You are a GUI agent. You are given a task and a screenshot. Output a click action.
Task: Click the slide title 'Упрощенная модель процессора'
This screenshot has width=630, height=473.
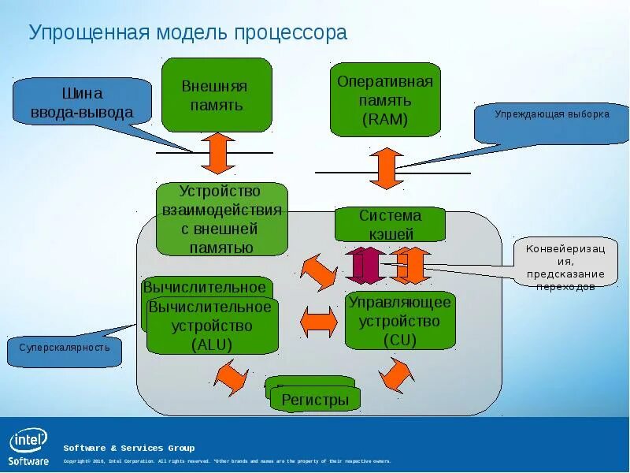[187, 33]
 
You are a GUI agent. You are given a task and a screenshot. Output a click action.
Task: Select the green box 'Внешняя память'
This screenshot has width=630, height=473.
[217, 95]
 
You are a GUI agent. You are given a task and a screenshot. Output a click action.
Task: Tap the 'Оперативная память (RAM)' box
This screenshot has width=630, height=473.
[385, 100]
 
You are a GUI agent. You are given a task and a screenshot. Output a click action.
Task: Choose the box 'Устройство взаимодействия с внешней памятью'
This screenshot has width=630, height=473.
[221, 219]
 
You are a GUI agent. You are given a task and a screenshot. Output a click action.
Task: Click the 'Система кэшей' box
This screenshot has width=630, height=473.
[390, 225]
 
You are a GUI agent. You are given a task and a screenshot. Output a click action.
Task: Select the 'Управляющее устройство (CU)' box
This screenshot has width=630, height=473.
[400, 320]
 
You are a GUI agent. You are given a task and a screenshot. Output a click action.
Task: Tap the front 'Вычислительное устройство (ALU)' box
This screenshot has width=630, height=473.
[213, 326]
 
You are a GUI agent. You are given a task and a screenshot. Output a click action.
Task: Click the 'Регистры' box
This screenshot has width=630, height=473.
[315, 400]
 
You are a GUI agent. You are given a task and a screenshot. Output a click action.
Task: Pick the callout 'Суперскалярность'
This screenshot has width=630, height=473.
[65, 348]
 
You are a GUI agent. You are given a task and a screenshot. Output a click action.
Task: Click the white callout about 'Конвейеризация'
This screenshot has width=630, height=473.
[565, 262]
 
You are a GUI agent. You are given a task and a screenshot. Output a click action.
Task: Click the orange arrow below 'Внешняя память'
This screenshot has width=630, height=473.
[218, 153]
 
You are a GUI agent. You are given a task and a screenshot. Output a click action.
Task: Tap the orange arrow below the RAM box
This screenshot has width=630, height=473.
[386, 167]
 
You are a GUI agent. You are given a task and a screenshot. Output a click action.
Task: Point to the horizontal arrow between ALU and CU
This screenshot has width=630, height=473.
[319, 322]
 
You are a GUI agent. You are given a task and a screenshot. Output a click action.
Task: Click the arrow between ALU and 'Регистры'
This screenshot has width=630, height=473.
[232, 376]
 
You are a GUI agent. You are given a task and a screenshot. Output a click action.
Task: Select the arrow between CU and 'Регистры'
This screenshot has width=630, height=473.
[395, 374]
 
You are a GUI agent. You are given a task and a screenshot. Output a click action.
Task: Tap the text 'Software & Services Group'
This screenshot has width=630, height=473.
[128, 448]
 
